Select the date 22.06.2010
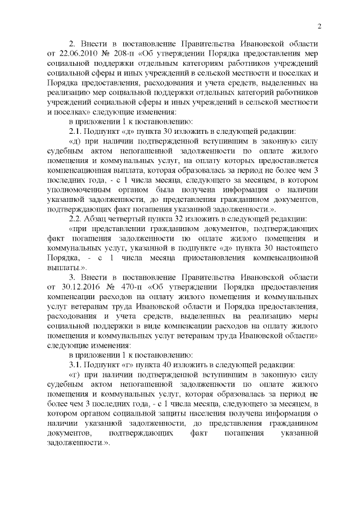pos(69,53)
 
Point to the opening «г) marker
pos(75,373)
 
